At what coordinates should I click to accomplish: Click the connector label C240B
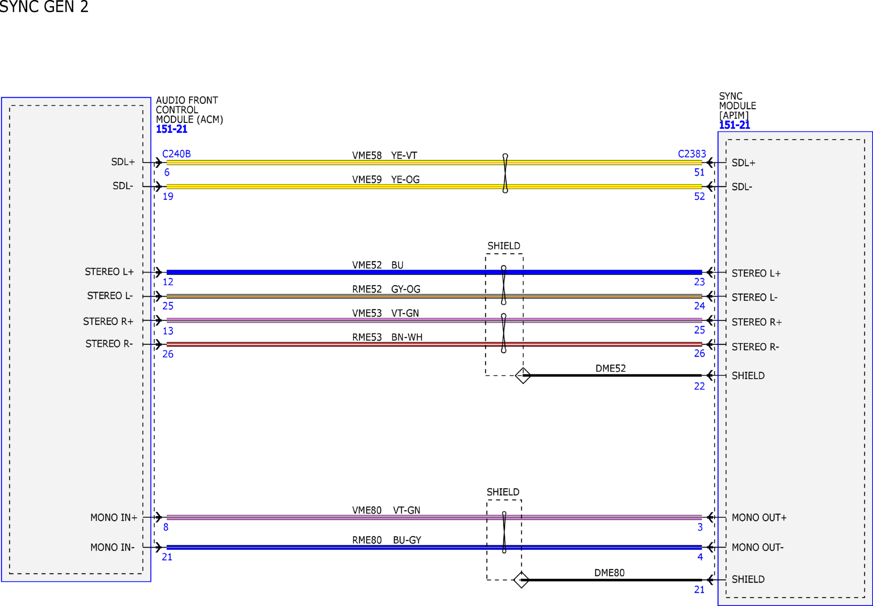tap(176, 154)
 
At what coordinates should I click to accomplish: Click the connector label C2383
tap(692, 154)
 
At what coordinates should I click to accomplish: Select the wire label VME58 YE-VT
tap(384, 155)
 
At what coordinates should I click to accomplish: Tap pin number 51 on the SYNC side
tap(699, 173)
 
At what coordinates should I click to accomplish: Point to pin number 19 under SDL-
tap(168, 196)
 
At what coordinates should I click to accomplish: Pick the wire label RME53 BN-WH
tap(387, 337)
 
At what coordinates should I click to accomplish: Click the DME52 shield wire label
tap(610, 368)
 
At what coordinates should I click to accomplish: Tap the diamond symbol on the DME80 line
tap(521, 580)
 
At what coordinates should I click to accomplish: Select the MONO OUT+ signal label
tap(759, 517)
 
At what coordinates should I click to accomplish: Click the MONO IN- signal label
tap(112, 547)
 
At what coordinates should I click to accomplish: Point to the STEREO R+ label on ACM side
tap(108, 321)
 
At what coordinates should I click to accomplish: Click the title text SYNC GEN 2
tap(44, 7)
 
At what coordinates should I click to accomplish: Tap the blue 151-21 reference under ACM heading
tap(171, 129)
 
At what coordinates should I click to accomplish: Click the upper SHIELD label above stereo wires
tap(504, 246)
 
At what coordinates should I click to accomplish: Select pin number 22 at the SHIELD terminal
tap(699, 386)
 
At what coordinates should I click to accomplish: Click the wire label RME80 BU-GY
tap(386, 540)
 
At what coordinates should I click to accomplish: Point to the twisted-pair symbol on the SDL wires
tap(505, 173)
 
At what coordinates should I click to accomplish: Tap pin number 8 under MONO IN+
tap(166, 527)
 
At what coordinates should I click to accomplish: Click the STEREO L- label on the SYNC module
tap(755, 297)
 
